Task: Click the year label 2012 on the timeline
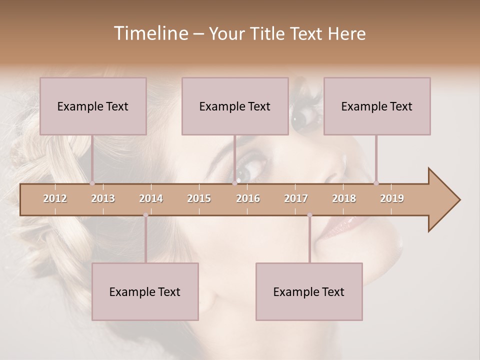click(55, 198)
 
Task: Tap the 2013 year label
click(103, 198)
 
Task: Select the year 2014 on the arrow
click(151, 198)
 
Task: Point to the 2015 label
click(199, 198)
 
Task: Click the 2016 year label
click(248, 198)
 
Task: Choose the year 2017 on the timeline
click(296, 198)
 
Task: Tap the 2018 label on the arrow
click(344, 198)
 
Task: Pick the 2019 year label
click(392, 198)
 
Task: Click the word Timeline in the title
click(150, 33)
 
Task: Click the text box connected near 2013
click(93, 106)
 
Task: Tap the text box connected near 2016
click(235, 106)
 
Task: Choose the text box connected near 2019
click(377, 106)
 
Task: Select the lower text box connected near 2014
click(145, 291)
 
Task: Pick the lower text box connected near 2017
click(309, 291)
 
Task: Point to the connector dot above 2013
click(92, 183)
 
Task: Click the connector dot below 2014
click(145, 215)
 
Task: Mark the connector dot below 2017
click(309, 215)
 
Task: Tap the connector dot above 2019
click(376, 183)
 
